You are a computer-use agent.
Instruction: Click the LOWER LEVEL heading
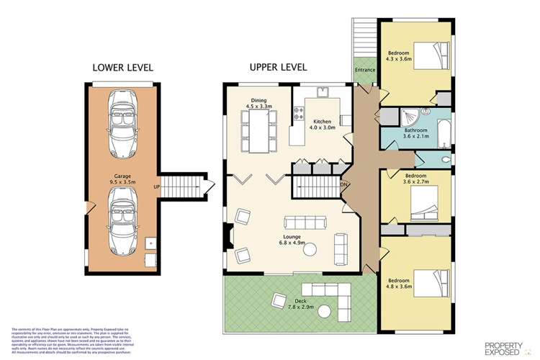click(x=122, y=68)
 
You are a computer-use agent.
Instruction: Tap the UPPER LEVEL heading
click(x=278, y=67)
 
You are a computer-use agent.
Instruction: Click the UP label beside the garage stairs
click(x=156, y=187)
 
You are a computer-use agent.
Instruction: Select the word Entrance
click(x=364, y=69)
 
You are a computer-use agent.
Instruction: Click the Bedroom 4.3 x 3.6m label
click(x=400, y=56)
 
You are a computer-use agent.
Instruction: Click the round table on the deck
click(x=325, y=311)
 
